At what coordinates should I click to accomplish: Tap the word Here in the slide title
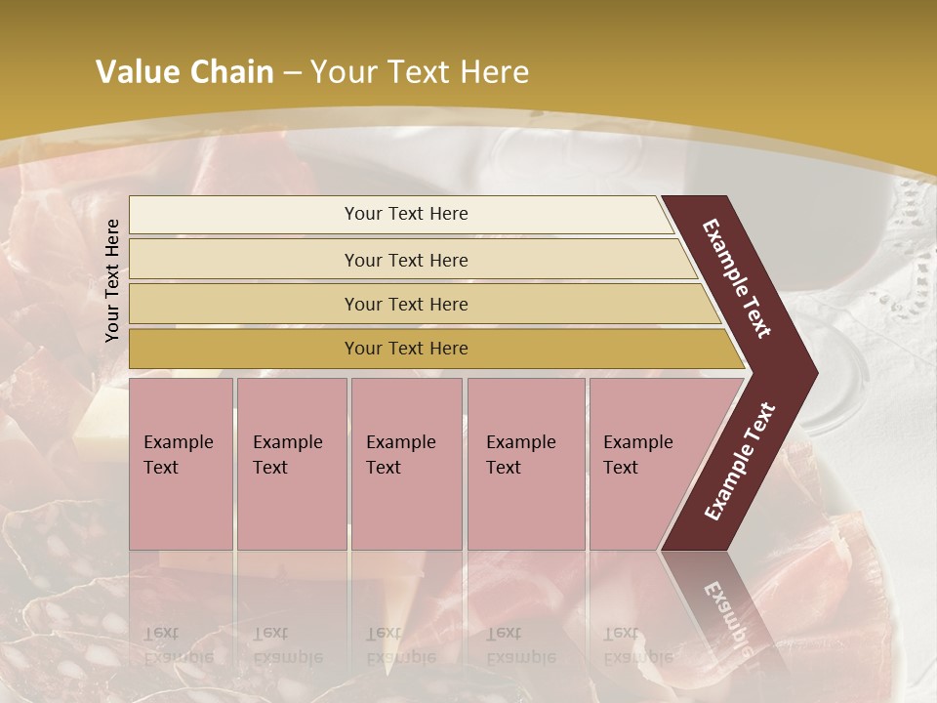(x=493, y=72)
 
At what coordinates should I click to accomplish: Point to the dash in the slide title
(x=292, y=73)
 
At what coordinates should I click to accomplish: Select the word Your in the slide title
(x=342, y=72)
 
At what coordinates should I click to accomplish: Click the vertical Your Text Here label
(x=112, y=280)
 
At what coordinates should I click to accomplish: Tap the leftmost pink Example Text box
(x=181, y=464)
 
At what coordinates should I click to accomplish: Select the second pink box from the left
(x=291, y=464)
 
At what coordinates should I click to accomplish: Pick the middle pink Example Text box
(x=406, y=464)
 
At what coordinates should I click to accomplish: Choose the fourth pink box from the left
(x=526, y=464)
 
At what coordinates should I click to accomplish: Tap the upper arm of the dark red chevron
(x=738, y=278)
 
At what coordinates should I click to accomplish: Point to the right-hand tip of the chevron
(x=811, y=372)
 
